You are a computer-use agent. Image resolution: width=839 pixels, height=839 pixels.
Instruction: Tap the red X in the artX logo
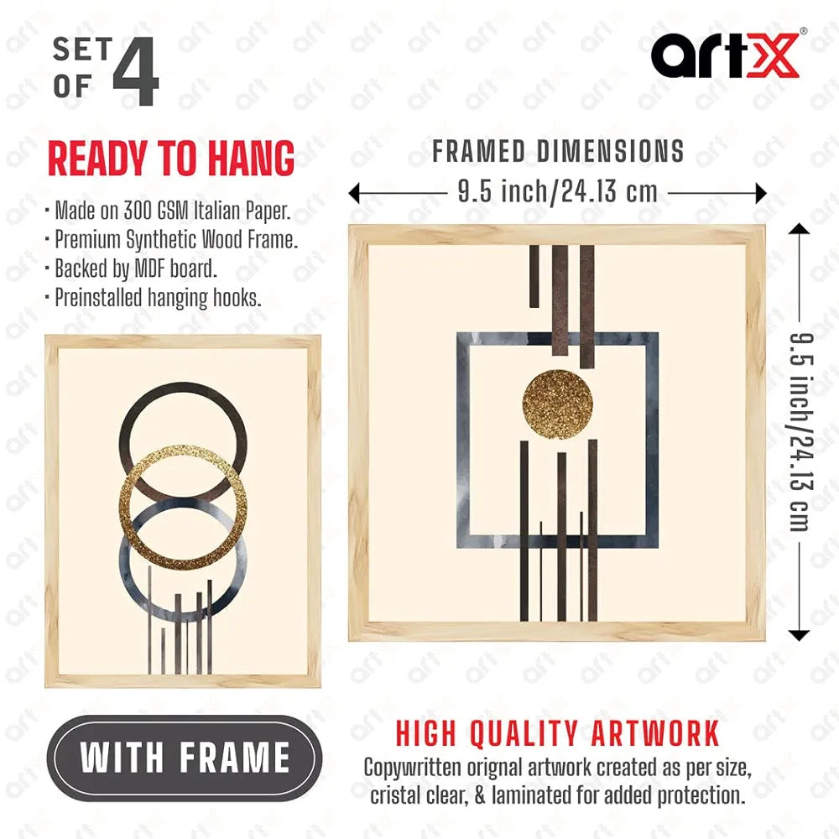click(x=772, y=55)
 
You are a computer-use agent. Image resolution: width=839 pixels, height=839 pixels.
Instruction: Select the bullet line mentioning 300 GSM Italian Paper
click(x=172, y=210)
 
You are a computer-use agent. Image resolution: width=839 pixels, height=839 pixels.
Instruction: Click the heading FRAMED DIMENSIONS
click(x=558, y=152)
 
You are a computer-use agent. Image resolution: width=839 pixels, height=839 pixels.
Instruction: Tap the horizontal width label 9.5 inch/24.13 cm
click(x=557, y=193)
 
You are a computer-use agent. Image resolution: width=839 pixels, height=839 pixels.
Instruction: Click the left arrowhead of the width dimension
click(x=355, y=194)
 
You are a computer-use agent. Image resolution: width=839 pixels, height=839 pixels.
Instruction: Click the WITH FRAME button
click(x=185, y=758)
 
